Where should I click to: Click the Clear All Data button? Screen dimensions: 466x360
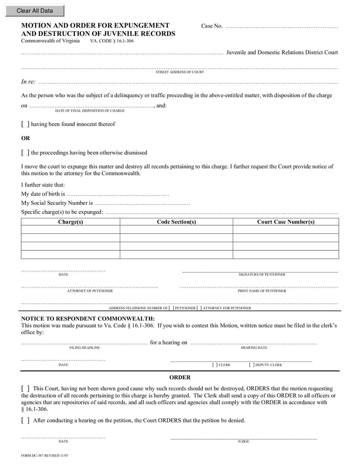[35, 11]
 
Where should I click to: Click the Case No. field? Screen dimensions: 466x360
[281, 26]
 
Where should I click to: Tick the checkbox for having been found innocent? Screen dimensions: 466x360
[26, 124]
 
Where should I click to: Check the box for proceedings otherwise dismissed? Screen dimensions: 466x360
[26, 153]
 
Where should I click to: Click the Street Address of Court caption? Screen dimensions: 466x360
[180, 72]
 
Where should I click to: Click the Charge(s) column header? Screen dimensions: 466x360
[71, 222]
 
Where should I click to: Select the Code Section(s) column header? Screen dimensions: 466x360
[176, 222]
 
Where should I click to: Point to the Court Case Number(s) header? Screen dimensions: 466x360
[285, 222]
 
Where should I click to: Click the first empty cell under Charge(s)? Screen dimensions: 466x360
[71, 230]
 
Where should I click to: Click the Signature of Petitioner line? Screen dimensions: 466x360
[260, 270]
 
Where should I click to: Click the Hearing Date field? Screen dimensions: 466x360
[254, 343]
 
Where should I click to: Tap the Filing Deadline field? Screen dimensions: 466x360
[84, 343]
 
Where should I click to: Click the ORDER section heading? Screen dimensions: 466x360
[180, 377]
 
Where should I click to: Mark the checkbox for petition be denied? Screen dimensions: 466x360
[26, 421]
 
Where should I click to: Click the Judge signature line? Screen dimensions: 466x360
[243, 437]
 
